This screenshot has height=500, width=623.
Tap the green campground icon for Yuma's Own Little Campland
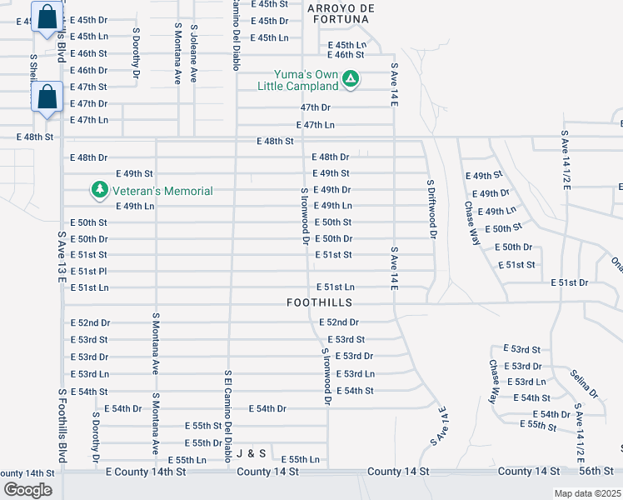point(351,80)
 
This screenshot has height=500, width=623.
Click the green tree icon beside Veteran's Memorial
point(100,191)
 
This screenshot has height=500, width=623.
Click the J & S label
point(251,453)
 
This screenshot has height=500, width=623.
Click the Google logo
point(27,489)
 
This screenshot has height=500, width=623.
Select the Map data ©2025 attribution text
point(587,493)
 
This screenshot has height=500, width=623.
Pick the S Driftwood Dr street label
point(431,209)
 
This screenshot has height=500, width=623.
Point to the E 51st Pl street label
point(89,271)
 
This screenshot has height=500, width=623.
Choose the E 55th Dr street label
point(203,442)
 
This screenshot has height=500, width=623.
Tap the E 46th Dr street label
point(89,70)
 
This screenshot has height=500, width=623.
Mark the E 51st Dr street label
point(569,283)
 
